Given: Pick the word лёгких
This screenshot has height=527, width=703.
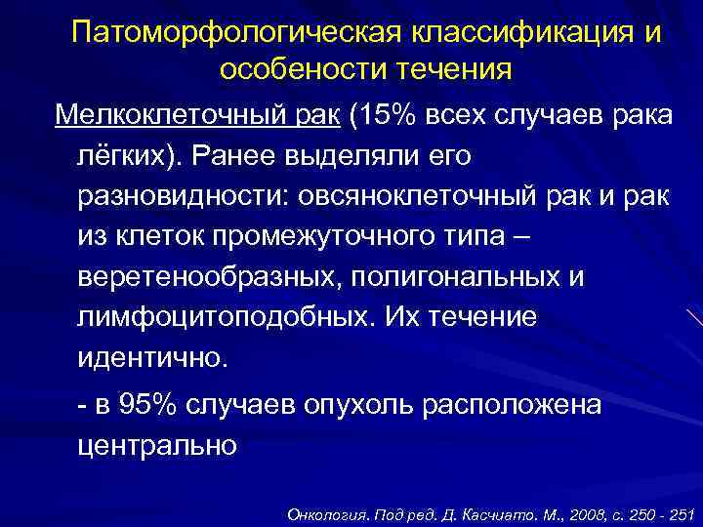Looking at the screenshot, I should click(x=126, y=155).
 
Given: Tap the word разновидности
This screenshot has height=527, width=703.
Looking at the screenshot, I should click(x=174, y=195).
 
